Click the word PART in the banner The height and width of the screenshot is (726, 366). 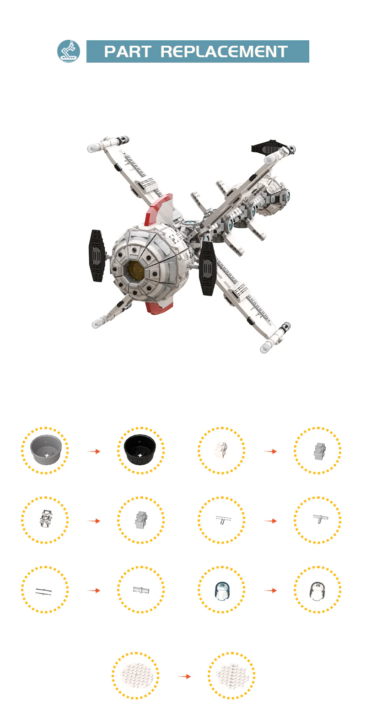coord(127,52)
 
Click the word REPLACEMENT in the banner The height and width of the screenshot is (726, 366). coord(224,52)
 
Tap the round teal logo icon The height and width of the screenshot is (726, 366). coord(69,51)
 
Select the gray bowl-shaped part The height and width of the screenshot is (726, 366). coord(46,450)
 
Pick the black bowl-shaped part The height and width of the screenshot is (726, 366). coord(140,450)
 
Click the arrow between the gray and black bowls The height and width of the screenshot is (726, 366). coord(94,451)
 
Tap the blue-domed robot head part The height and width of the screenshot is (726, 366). coord(222,591)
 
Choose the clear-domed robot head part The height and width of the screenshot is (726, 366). coord(318,591)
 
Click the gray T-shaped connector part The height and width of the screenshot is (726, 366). coord(320,518)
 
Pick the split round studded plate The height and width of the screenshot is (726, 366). coord(231,676)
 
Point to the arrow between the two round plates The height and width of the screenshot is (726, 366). coord(184,677)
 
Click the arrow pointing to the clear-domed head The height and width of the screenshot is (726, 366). coord(270,591)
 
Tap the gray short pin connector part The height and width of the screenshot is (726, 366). coord(141,590)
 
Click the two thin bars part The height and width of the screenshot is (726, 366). coord(44,591)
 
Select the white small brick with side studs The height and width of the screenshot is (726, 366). coord(221,450)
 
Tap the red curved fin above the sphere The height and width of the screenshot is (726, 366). coord(159,209)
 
